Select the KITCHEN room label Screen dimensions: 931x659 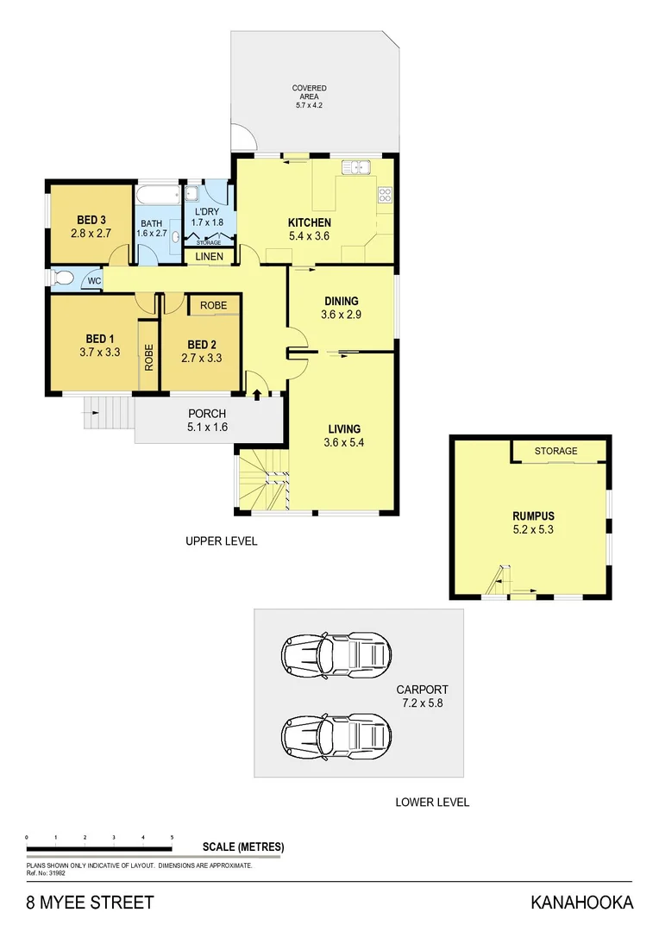(x=309, y=222)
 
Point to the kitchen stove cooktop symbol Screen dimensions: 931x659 (x=385, y=196)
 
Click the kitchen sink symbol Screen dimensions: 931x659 (x=355, y=168)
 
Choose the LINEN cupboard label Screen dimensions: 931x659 (x=209, y=257)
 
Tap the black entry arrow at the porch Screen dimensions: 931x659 (x=257, y=394)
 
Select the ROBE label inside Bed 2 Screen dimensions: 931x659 (x=213, y=305)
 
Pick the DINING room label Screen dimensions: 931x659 (x=342, y=301)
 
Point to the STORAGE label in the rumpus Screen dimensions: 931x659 (x=555, y=451)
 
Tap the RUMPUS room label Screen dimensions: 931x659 (x=531, y=516)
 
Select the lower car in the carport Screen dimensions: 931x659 (x=336, y=734)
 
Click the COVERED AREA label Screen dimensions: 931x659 (x=309, y=92)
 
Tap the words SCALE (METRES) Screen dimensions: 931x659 (x=242, y=847)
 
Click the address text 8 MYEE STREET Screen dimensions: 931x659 (x=90, y=903)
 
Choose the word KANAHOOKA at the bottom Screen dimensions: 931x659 (x=581, y=903)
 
